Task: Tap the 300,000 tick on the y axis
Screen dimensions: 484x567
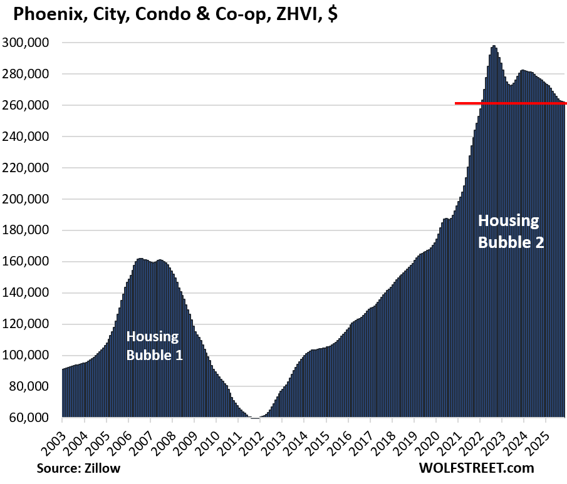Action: coord(31,43)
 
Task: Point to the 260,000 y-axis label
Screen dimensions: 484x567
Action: coord(31,105)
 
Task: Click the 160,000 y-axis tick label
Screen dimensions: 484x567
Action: coord(31,262)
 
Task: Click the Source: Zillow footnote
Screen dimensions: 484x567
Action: coord(78,468)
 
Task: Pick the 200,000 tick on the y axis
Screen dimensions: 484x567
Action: coord(31,199)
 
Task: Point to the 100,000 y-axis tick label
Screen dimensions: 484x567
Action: coord(31,355)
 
